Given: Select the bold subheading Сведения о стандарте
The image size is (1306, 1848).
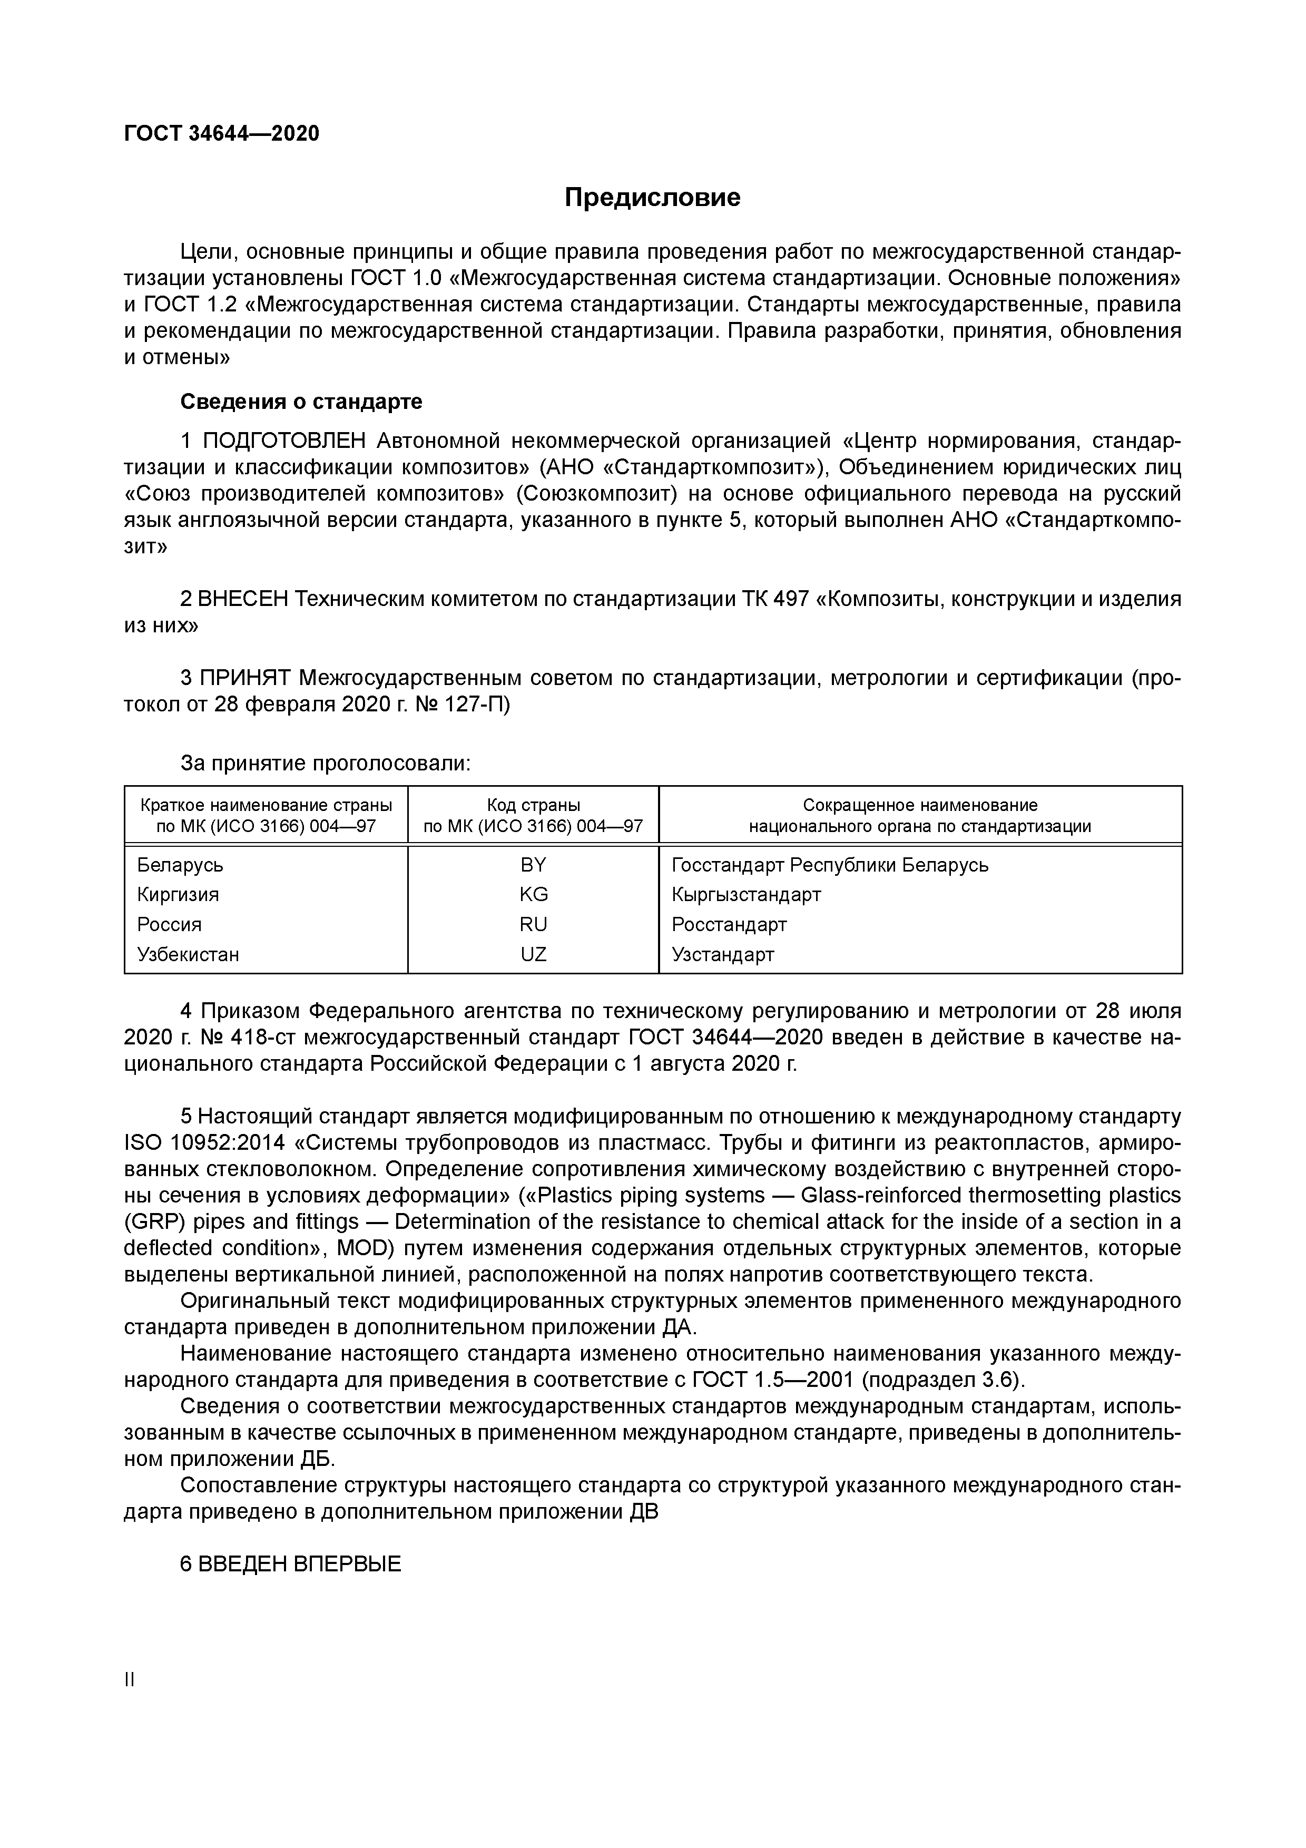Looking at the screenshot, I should click(x=301, y=401).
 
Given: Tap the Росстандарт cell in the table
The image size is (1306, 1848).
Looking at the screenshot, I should click(x=729, y=925).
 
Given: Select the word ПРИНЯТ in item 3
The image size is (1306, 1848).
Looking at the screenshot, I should click(x=244, y=679).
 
